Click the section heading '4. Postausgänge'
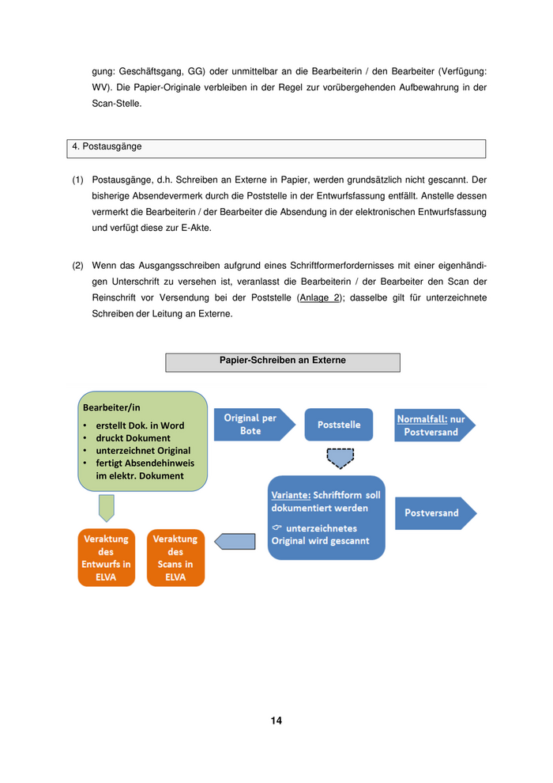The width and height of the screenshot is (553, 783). (107, 146)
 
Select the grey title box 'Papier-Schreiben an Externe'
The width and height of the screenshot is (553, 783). (282, 361)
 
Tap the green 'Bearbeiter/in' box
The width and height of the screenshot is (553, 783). (142, 441)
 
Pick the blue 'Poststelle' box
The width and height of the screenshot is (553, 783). (339, 425)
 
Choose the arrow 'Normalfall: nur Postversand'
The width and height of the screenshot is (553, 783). (434, 425)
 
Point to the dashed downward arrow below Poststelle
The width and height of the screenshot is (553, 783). (340, 458)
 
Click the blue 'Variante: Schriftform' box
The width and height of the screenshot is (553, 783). (326, 517)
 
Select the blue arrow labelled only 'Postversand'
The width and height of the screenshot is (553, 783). (434, 513)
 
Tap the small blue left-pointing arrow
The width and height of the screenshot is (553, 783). (234, 542)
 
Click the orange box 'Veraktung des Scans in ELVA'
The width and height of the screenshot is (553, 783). (175, 558)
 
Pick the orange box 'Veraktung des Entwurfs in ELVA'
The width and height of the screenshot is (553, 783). (106, 558)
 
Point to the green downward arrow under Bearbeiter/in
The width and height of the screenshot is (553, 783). (107, 508)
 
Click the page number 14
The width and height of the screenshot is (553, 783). (276, 721)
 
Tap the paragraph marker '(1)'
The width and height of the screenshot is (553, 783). (77, 180)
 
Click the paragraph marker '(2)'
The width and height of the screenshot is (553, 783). (77, 266)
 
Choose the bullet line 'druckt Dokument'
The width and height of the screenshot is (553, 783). (133, 437)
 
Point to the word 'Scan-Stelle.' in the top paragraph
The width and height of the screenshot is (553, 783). (117, 103)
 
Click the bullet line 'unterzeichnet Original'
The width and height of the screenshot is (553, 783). (143, 450)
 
